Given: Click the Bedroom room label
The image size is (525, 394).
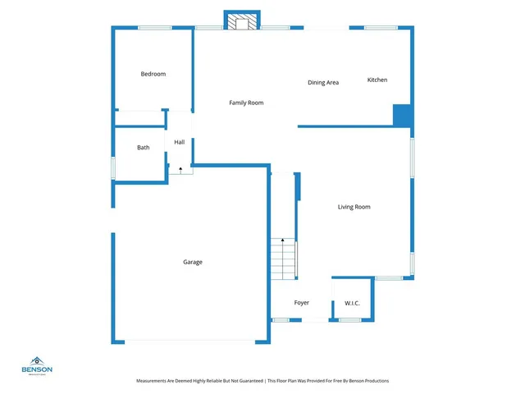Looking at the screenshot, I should point(153,74).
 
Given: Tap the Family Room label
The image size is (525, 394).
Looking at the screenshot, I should point(245,103).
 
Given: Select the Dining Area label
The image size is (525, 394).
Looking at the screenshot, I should point(323,82).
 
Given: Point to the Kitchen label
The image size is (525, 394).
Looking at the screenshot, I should point(377,80).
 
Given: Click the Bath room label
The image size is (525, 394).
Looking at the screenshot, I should point(144,148).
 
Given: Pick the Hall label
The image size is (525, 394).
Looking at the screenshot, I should point(179,142).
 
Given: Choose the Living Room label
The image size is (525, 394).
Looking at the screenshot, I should point(354,207).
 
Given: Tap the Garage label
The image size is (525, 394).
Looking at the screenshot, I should point(193,262).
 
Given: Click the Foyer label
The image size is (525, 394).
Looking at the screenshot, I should point(302,303).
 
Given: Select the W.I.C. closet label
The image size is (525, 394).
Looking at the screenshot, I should point(352,303).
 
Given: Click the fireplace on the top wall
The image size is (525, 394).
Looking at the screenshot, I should point(242,22).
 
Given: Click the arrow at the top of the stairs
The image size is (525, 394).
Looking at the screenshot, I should point(283,240).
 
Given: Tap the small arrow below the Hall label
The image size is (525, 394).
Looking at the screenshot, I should point(180,167).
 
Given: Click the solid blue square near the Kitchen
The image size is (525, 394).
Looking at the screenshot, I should point(402,115).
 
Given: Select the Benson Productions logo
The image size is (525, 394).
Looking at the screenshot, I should point(37,365).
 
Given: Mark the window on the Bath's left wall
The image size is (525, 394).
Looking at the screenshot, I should point(113,167).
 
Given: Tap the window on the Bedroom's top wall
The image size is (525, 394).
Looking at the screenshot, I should point(154,28).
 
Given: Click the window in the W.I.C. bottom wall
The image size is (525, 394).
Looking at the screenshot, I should point(350,319).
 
